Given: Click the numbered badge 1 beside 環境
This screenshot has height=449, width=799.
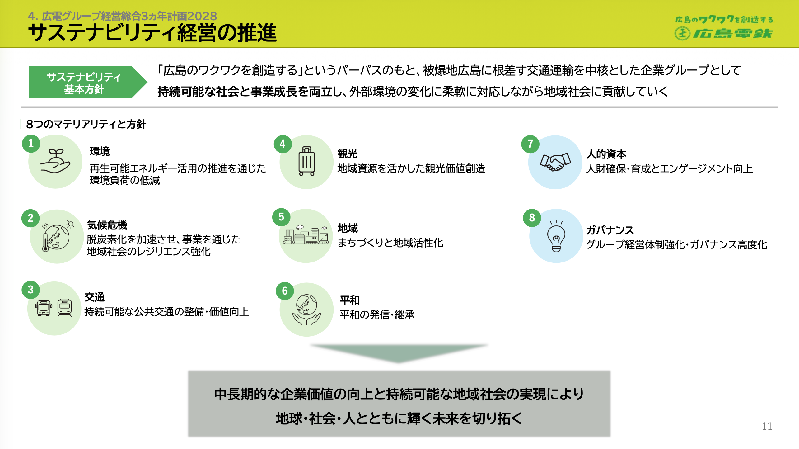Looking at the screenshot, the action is point(31,144).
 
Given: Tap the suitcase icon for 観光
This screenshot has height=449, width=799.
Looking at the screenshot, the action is point(307,161).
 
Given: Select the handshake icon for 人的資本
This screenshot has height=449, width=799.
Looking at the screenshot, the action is point(555,162).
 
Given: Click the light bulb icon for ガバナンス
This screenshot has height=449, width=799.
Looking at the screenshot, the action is point(556,236).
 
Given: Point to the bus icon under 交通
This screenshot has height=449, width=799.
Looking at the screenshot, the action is point(44,308).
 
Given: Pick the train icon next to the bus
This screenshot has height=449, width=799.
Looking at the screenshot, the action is point(65,308).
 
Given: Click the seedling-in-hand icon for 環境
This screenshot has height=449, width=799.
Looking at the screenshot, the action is point(55,161).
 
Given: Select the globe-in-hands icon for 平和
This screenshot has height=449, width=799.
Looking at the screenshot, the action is point(306,310).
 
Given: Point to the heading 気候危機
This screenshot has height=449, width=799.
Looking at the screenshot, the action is point(107,225).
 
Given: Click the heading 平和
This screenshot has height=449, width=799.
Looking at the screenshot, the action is point(350,300).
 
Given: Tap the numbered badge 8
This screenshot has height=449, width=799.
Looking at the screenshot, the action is point(532,218).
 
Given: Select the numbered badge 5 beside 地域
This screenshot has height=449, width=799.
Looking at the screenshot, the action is point(281,217).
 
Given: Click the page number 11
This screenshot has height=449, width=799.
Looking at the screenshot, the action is point(767,426).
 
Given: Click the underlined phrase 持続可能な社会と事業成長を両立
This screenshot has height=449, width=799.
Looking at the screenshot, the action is point(245,92).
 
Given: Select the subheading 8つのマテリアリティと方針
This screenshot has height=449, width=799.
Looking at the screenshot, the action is point(86,124).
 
